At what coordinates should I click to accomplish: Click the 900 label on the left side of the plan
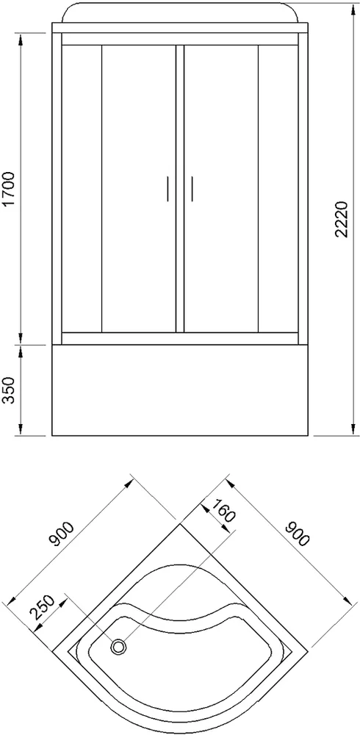(x=64, y=536)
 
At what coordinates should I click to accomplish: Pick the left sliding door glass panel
(x=137, y=187)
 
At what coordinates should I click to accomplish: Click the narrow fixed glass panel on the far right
(x=278, y=187)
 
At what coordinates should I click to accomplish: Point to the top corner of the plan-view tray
(x=180, y=523)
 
